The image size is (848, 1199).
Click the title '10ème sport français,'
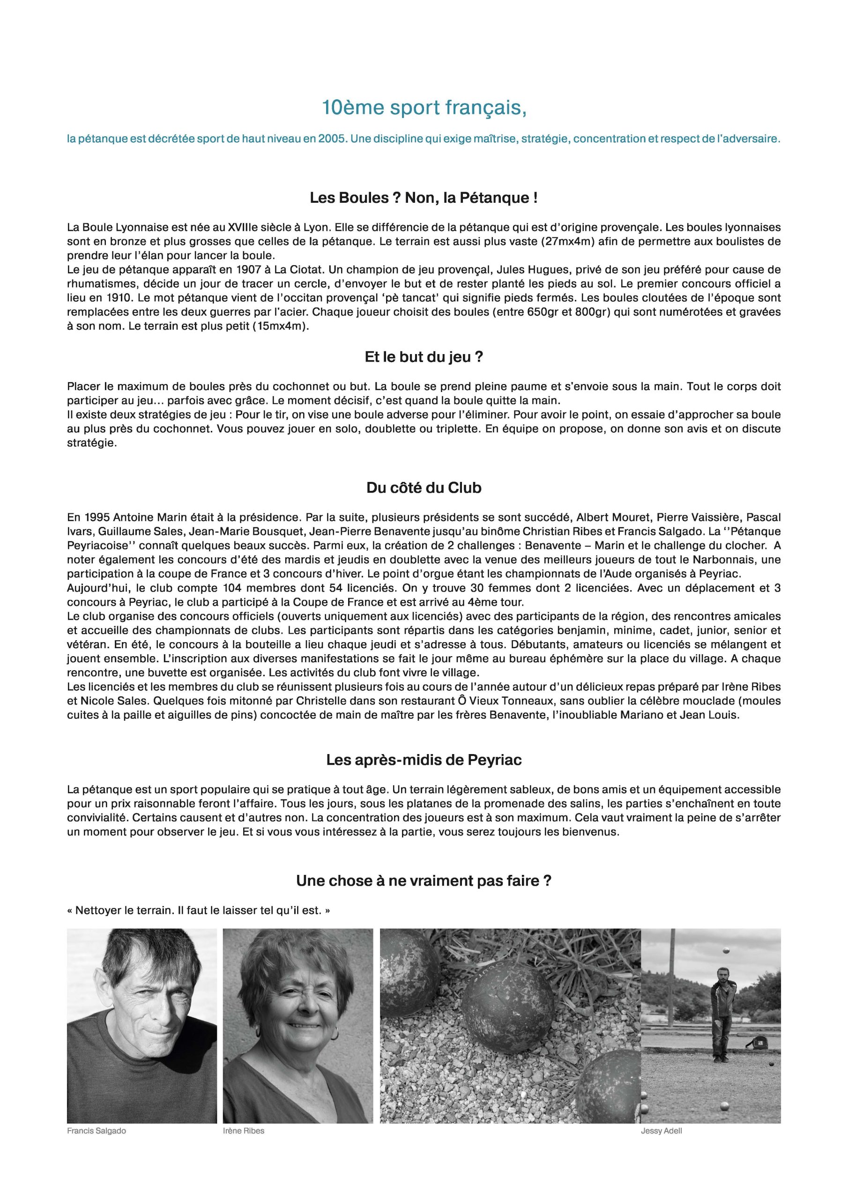424,108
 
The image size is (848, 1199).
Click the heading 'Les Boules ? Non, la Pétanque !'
424,199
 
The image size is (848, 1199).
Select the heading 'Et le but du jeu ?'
424,358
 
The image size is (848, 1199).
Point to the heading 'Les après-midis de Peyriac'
424,760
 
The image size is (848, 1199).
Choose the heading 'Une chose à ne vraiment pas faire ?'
424,881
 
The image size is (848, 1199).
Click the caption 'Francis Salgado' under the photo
97,1131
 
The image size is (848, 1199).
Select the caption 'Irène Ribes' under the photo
244,1131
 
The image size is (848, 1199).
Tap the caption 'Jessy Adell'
661,1131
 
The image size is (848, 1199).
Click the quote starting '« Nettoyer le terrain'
199,910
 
